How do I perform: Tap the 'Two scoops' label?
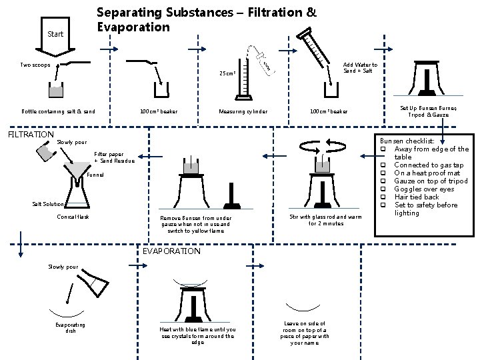pyautogui.click(x=35, y=65)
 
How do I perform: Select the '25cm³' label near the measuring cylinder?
pyautogui.click(x=229, y=73)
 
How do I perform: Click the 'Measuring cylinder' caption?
pyautogui.click(x=243, y=111)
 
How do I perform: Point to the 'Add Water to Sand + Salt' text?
pyautogui.click(x=359, y=67)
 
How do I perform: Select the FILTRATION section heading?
pyautogui.click(x=30, y=134)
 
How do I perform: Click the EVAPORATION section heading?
pyautogui.click(x=172, y=251)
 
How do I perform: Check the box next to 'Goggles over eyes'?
pyautogui.click(x=383, y=189)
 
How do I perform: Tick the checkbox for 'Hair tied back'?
pyautogui.click(x=383, y=197)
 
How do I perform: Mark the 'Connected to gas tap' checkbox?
pyautogui.click(x=383, y=165)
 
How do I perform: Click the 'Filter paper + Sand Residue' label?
pyautogui.click(x=114, y=157)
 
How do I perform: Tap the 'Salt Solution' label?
pyautogui.click(x=48, y=204)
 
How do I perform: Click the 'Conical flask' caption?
pyautogui.click(x=73, y=217)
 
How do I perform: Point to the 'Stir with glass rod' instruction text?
pyautogui.click(x=317, y=220)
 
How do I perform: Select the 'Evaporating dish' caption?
pyautogui.click(x=70, y=327)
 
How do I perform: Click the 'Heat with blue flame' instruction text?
pyautogui.click(x=198, y=335)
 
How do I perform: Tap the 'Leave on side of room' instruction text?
pyautogui.click(x=305, y=331)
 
